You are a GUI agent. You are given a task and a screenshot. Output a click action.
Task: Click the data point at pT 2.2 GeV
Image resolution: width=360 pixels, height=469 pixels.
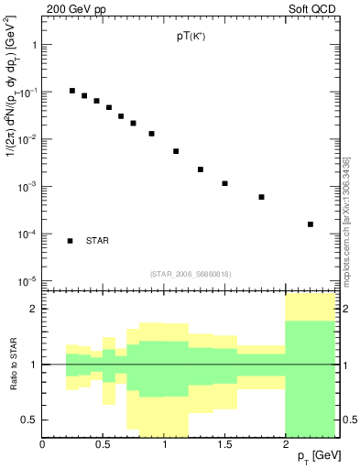click(311, 224)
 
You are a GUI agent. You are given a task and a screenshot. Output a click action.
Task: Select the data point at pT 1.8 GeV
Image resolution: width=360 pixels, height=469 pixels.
click(261, 197)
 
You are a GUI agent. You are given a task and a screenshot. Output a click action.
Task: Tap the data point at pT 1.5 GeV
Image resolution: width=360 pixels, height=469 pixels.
click(224, 183)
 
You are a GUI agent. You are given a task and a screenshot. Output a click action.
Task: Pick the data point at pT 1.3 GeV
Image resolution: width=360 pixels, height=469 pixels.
click(201, 169)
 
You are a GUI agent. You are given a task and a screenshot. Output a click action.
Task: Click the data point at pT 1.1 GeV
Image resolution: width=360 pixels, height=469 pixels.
click(176, 151)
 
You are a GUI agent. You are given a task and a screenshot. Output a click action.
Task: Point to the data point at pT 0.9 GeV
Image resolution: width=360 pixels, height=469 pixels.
click(152, 134)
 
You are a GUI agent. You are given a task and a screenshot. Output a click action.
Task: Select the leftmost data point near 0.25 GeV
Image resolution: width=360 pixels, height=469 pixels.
click(72, 91)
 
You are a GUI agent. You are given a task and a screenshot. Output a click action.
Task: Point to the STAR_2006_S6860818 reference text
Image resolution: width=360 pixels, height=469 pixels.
click(190, 274)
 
